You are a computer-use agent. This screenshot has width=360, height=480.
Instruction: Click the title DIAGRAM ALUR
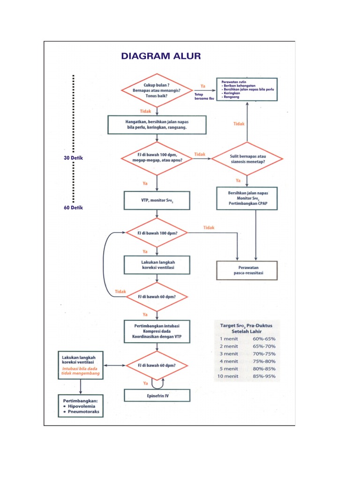[161, 56]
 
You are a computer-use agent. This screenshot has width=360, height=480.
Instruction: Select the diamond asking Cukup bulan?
[157, 90]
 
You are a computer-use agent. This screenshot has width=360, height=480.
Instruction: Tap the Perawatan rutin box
[247, 90]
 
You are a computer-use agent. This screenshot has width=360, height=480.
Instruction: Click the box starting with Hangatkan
[157, 124]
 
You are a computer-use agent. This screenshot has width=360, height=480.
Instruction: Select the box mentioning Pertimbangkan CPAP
[247, 198]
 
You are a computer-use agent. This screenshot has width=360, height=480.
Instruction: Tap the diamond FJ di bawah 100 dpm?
[157, 232]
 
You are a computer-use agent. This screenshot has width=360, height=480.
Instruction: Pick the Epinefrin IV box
[157, 395]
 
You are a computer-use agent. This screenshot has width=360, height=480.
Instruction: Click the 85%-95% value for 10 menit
[264, 376]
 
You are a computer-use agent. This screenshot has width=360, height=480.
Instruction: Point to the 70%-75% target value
[264, 353]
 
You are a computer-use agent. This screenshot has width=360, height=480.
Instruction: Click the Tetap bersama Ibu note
[204, 97]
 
